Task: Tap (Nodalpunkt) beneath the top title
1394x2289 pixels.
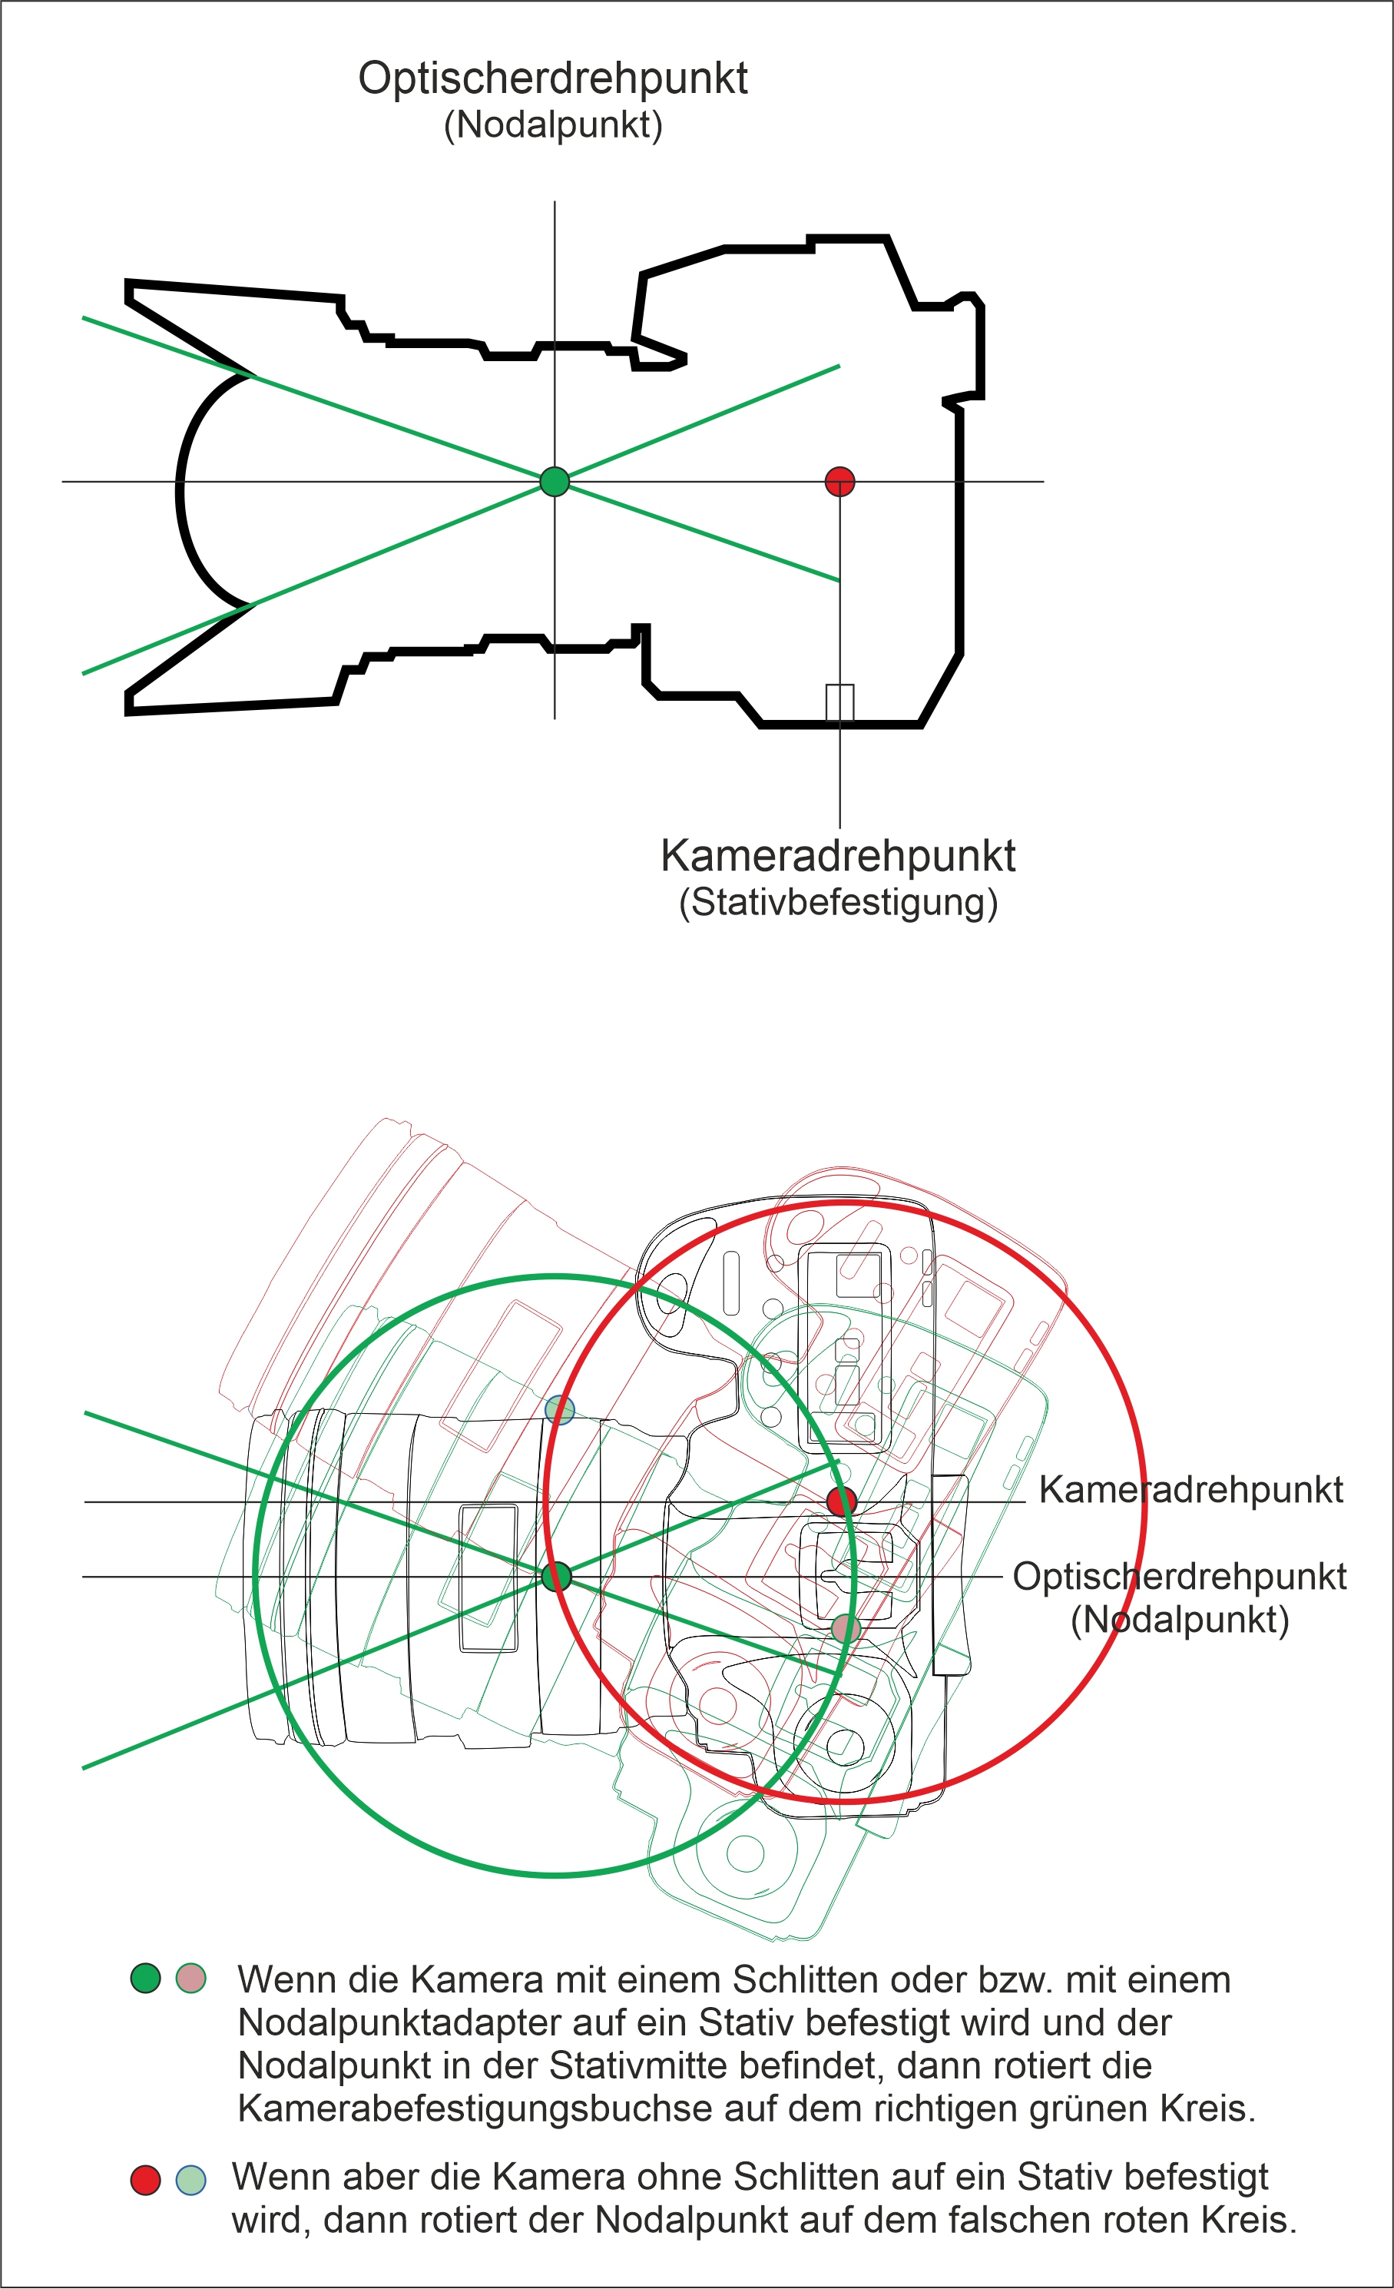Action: point(554,125)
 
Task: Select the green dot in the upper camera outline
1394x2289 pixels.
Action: point(555,481)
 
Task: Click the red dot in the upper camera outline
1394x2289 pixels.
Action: point(839,481)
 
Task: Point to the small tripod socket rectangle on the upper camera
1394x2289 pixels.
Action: point(839,703)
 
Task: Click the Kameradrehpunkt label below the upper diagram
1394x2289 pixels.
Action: point(838,855)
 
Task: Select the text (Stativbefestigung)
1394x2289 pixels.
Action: point(838,903)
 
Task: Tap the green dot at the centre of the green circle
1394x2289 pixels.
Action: point(556,1577)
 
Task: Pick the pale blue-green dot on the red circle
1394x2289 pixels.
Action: point(559,1409)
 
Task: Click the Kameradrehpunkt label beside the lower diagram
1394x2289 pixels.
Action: point(1190,1489)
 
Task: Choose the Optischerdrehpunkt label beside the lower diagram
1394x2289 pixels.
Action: point(1180,1577)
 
